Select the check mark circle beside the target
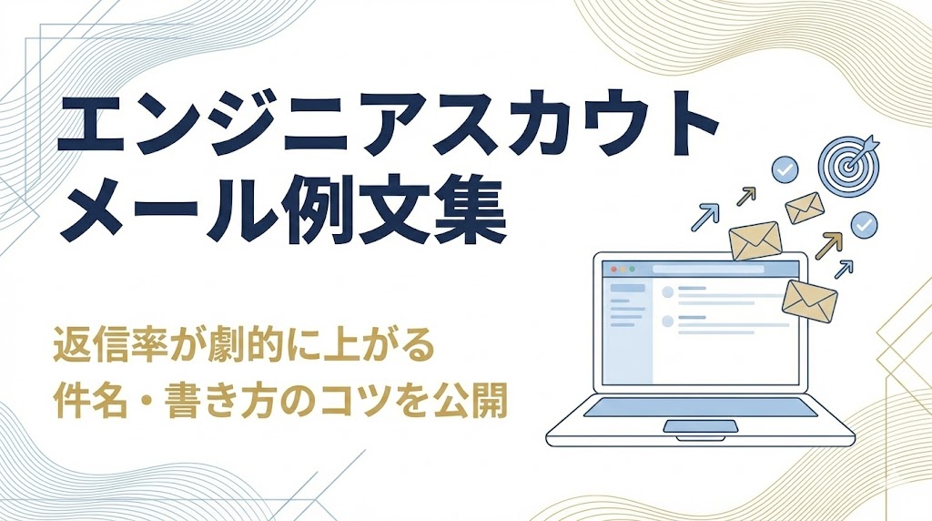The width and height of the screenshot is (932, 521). coord(784,169)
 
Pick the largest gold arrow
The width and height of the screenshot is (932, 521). coord(828,244)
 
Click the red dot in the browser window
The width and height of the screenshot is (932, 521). coord(613,269)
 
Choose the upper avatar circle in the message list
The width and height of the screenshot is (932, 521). coord(667,292)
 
